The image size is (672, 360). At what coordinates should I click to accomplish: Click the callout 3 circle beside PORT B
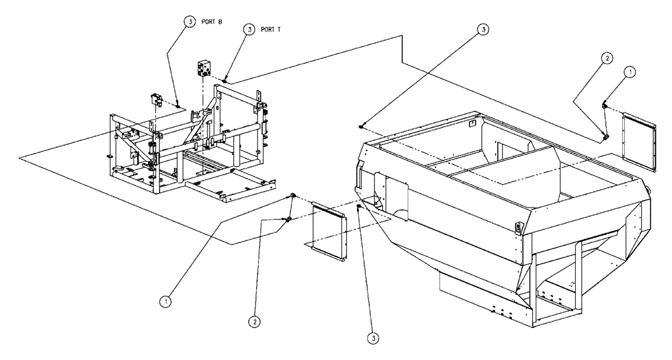(x=190, y=21)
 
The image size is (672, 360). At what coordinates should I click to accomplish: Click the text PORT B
(x=213, y=21)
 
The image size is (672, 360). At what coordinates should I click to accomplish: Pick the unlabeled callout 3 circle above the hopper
(x=482, y=29)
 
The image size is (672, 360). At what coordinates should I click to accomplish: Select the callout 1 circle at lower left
(x=165, y=302)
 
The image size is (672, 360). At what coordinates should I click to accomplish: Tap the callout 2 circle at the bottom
(x=253, y=321)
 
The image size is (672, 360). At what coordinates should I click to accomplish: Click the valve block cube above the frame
(x=204, y=69)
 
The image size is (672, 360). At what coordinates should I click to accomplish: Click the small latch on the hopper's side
(x=518, y=227)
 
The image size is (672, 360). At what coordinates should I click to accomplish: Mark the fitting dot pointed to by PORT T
(x=224, y=80)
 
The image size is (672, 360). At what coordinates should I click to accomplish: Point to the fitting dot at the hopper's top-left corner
(x=362, y=126)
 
